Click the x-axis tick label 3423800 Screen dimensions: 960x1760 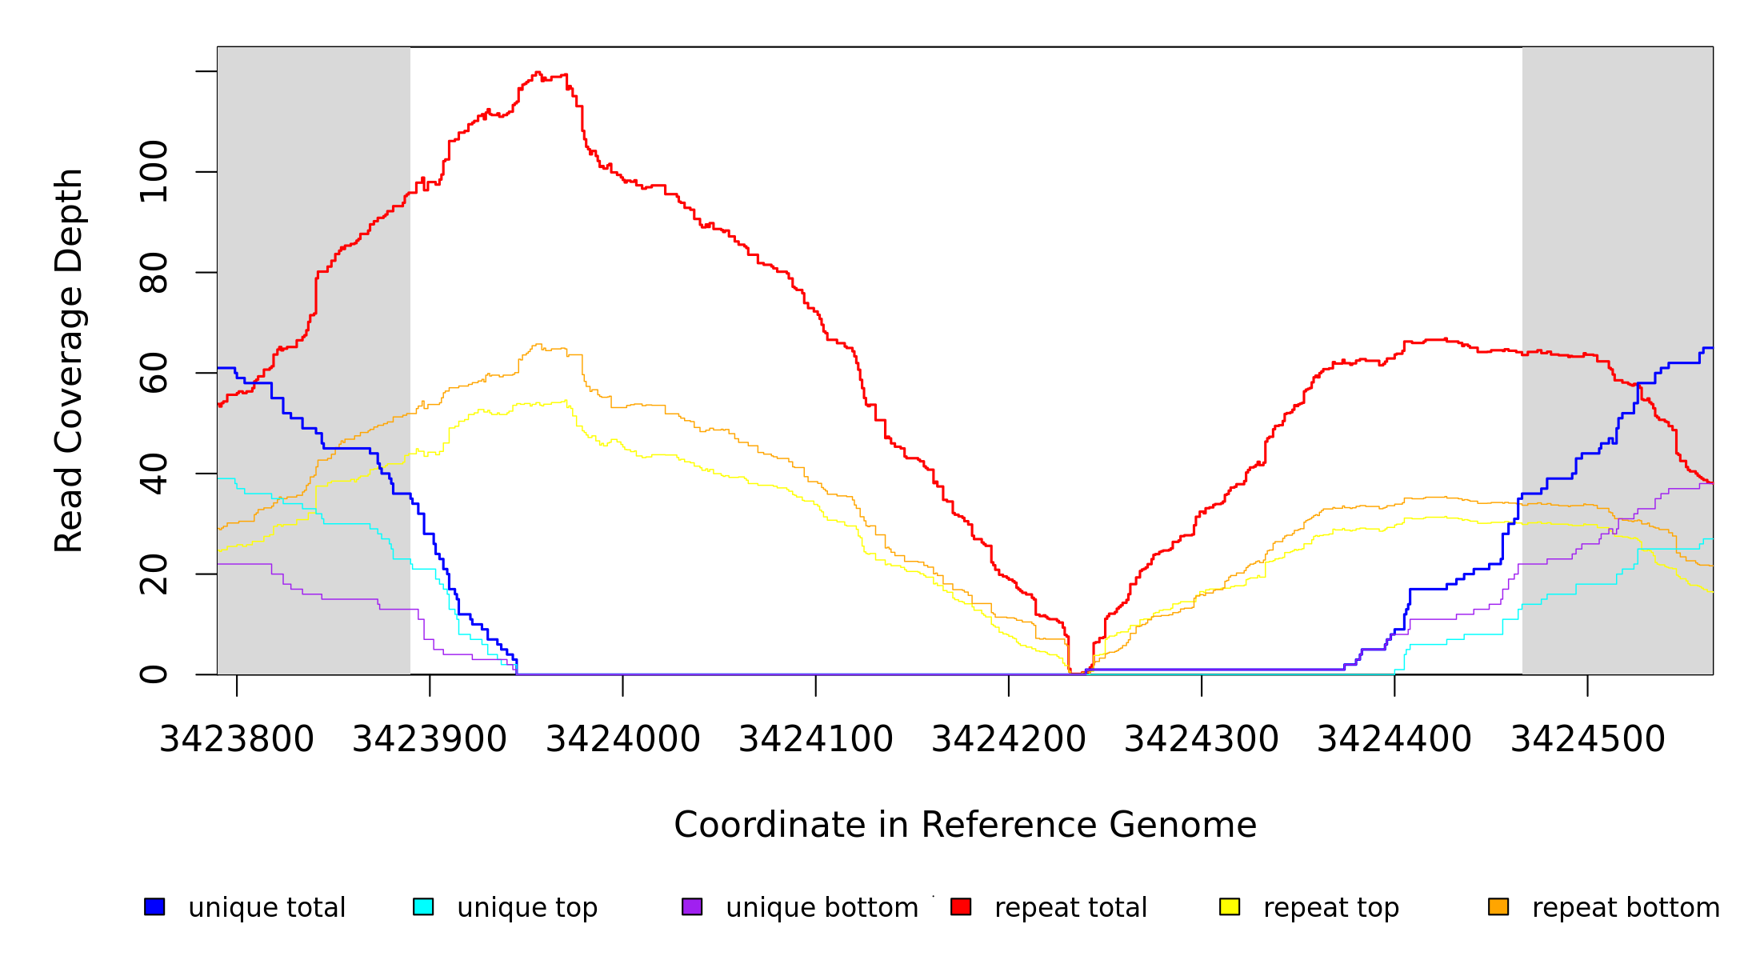[x=237, y=739]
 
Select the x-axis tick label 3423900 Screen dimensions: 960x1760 [x=430, y=739]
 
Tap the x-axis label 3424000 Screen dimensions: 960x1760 [x=622, y=739]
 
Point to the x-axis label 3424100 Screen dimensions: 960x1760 [x=815, y=739]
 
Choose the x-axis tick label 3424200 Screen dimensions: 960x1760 [x=1009, y=739]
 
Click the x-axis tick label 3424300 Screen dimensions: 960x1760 [x=1202, y=739]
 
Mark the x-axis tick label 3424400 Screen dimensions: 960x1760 [x=1394, y=739]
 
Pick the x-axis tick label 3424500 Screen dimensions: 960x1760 [x=1587, y=739]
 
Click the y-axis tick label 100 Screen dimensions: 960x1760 [x=154, y=171]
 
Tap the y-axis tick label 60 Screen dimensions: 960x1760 [x=154, y=373]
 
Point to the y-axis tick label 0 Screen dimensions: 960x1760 [x=154, y=674]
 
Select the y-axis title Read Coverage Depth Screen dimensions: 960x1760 [x=69, y=360]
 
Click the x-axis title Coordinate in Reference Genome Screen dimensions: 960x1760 [x=965, y=825]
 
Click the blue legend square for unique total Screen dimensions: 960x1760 [x=154, y=906]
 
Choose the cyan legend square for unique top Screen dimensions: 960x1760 [x=423, y=906]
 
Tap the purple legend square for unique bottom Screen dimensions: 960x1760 [x=692, y=906]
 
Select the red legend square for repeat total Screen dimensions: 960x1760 [x=961, y=906]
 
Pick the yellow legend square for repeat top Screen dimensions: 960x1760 [x=1230, y=906]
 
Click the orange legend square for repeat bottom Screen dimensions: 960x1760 [x=1498, y=906]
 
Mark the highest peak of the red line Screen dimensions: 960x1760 [x=538, y=72]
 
